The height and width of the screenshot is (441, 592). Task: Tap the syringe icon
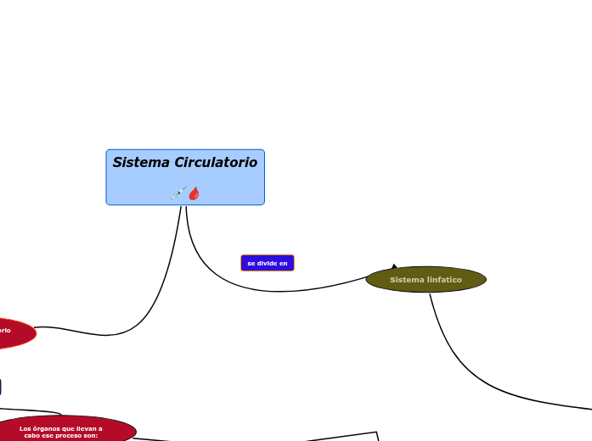[x=178, y=193]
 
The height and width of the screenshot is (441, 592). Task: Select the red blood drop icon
[x=195, y=193]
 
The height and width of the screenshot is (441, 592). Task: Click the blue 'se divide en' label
[x=268, y=263]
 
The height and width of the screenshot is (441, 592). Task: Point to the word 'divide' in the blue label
[x=267, y=263]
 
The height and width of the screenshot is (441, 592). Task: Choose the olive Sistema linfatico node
[x=426, y=279]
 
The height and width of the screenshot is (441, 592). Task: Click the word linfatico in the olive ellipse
[x=444, y=279]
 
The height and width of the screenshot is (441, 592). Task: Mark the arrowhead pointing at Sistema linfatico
[x=395, y=267]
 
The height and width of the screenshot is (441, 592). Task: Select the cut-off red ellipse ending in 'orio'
[x=13, y=332]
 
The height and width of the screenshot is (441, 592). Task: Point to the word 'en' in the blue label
[x=284, y=263]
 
